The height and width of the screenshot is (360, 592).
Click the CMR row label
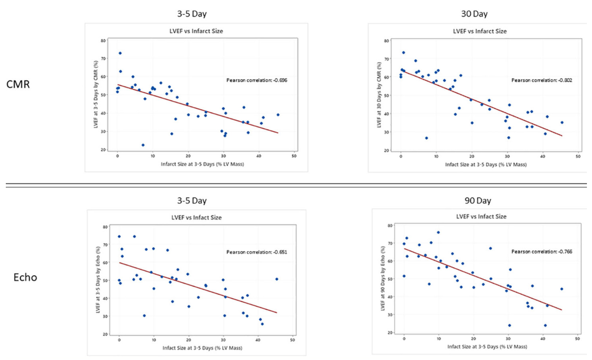18,84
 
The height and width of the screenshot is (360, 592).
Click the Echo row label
25,277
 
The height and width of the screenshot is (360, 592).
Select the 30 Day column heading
474,14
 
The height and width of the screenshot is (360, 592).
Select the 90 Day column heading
478,201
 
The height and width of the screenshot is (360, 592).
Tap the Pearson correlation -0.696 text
256,80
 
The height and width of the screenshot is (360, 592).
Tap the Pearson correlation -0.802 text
542,80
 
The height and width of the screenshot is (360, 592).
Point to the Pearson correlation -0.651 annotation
256,252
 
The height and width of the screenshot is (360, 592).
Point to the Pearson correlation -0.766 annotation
542,251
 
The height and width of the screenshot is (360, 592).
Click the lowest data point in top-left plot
143,145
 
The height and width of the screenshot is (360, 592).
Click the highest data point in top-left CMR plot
120,53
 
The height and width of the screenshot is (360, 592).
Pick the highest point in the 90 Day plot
438,232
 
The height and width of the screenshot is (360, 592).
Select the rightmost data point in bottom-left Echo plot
277,279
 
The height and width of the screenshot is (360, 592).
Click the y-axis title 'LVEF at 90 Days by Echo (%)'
383,278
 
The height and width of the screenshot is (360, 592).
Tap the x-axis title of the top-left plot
202,164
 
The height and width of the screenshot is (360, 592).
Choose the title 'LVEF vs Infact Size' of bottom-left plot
196,217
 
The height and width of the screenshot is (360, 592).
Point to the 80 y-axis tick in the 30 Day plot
386,41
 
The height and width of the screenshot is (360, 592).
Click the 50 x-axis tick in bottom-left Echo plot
292,340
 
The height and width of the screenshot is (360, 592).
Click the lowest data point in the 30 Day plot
426,138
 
